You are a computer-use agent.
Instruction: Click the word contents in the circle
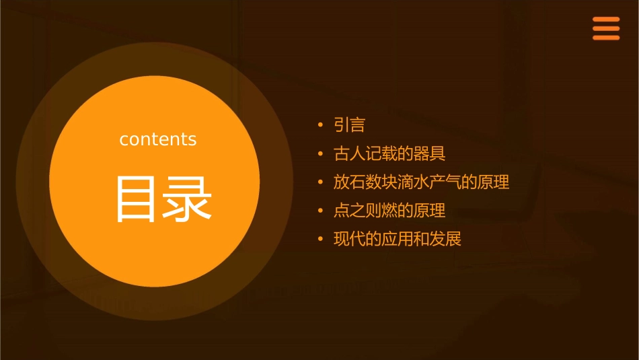click(158, 139)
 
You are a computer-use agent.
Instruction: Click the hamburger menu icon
click(605, 29)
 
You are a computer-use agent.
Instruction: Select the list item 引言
click(349, 125)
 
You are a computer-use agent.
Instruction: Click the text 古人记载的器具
click(389, 154)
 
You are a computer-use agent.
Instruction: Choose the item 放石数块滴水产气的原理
click(421, 182)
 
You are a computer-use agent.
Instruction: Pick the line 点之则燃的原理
click(389, 211)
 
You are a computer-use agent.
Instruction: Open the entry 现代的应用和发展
click(398, 239)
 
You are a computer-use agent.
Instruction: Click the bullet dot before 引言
click(321, 125)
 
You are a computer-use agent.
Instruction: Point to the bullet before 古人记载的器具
click(321, 154)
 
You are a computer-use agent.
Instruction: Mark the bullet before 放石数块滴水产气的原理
click(321, 182)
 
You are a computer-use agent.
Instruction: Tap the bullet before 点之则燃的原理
click(321, 211)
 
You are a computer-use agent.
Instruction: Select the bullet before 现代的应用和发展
click(321, 239)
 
